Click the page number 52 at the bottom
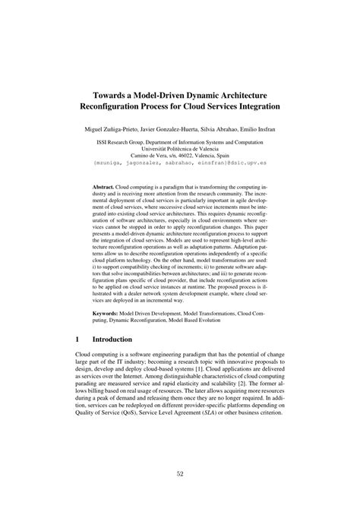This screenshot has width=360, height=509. pyautogui.click(x=180, y=474)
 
